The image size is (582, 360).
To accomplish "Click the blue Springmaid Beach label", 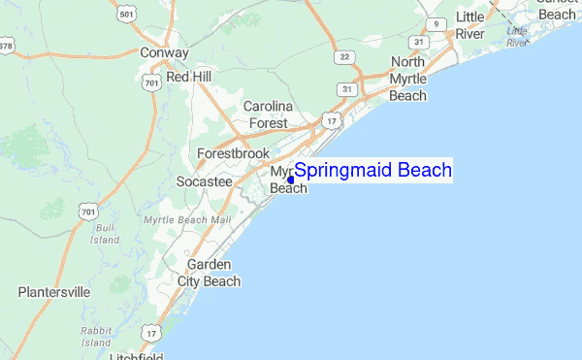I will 372,171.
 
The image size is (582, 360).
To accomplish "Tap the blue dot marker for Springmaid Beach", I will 291,180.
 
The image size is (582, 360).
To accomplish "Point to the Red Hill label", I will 188,76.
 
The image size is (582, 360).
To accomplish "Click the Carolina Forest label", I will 266,115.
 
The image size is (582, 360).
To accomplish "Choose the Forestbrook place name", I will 233,153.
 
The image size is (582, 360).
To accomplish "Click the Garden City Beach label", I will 209,273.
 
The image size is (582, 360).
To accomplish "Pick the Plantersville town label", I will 54,291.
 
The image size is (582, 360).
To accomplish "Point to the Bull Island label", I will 105,233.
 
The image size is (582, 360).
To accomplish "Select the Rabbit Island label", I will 96,337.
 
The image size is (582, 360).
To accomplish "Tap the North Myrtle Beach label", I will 407,79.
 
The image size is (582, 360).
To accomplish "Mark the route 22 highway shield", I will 344,58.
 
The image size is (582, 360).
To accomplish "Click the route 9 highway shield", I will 438,24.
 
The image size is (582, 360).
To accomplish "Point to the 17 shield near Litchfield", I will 150,333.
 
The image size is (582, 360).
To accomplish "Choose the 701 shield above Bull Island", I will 88,211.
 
